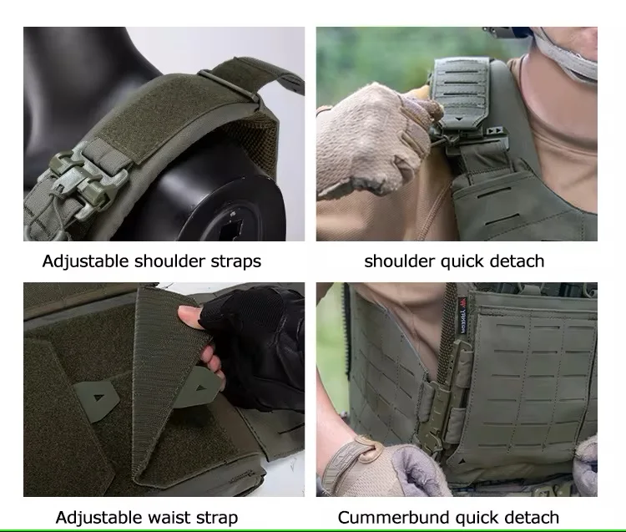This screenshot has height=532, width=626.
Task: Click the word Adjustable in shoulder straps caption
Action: (85, 261)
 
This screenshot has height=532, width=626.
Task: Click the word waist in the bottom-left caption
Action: (169, 518)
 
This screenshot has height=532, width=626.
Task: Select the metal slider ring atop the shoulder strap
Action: (229, 86)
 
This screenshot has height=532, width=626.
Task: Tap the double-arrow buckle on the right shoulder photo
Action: (496, 130)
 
